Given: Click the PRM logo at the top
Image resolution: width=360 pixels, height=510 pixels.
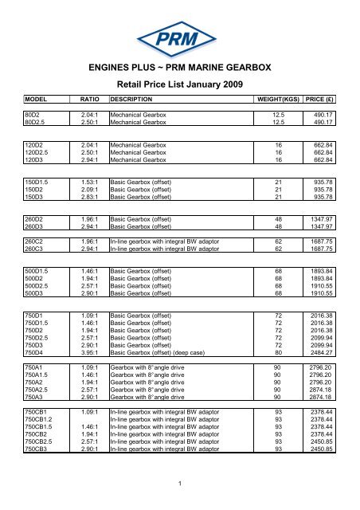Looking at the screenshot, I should click(x=179, y=37).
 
